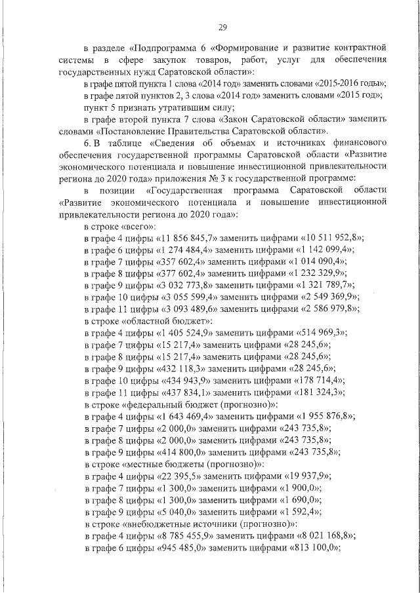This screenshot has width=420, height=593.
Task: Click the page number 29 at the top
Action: (x=222, y=27)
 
